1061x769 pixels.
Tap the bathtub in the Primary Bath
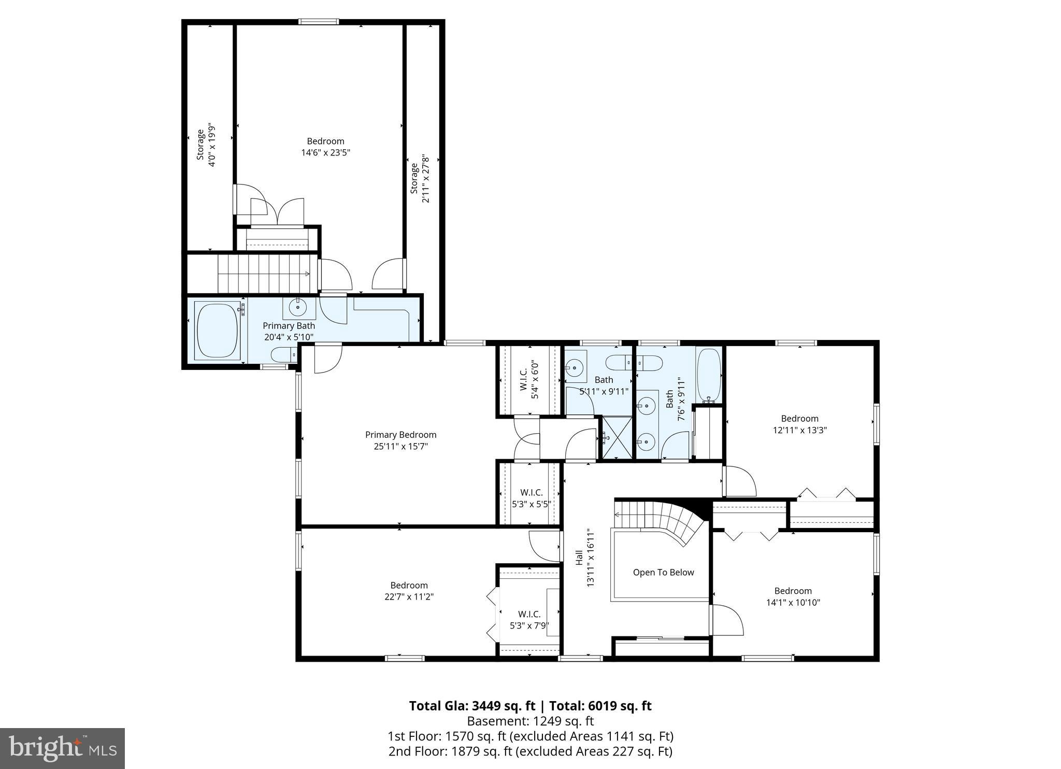pyautogui.click(x=217, y=331)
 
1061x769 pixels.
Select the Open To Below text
pyautogui.click(x=663, y=573)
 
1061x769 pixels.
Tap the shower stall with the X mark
pyautogui.click(x=616, y=438)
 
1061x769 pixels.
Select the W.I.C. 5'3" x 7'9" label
pyautogui.click(x=529, y=620)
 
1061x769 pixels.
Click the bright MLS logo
pyautogui.click(x=62, y=748)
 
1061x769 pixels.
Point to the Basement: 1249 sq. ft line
pyautogui.click(x=530, y=721)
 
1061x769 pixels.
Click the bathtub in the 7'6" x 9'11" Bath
pyautogui.click(x=709, y=375)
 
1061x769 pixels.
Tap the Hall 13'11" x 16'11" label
pyautogui.click(x=584, y=558)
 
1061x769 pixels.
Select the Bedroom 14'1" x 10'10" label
pyautogui.click(x=793, y=596)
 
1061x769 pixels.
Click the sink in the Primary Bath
pyautogui.click(x=298, y=307)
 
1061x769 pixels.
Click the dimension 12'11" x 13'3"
pyautogui.click(x=799, y=430)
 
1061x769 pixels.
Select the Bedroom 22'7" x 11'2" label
pyautogui.click(x=409, y=591)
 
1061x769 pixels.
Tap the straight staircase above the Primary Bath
pyautogui.click(x=264, y=274)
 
